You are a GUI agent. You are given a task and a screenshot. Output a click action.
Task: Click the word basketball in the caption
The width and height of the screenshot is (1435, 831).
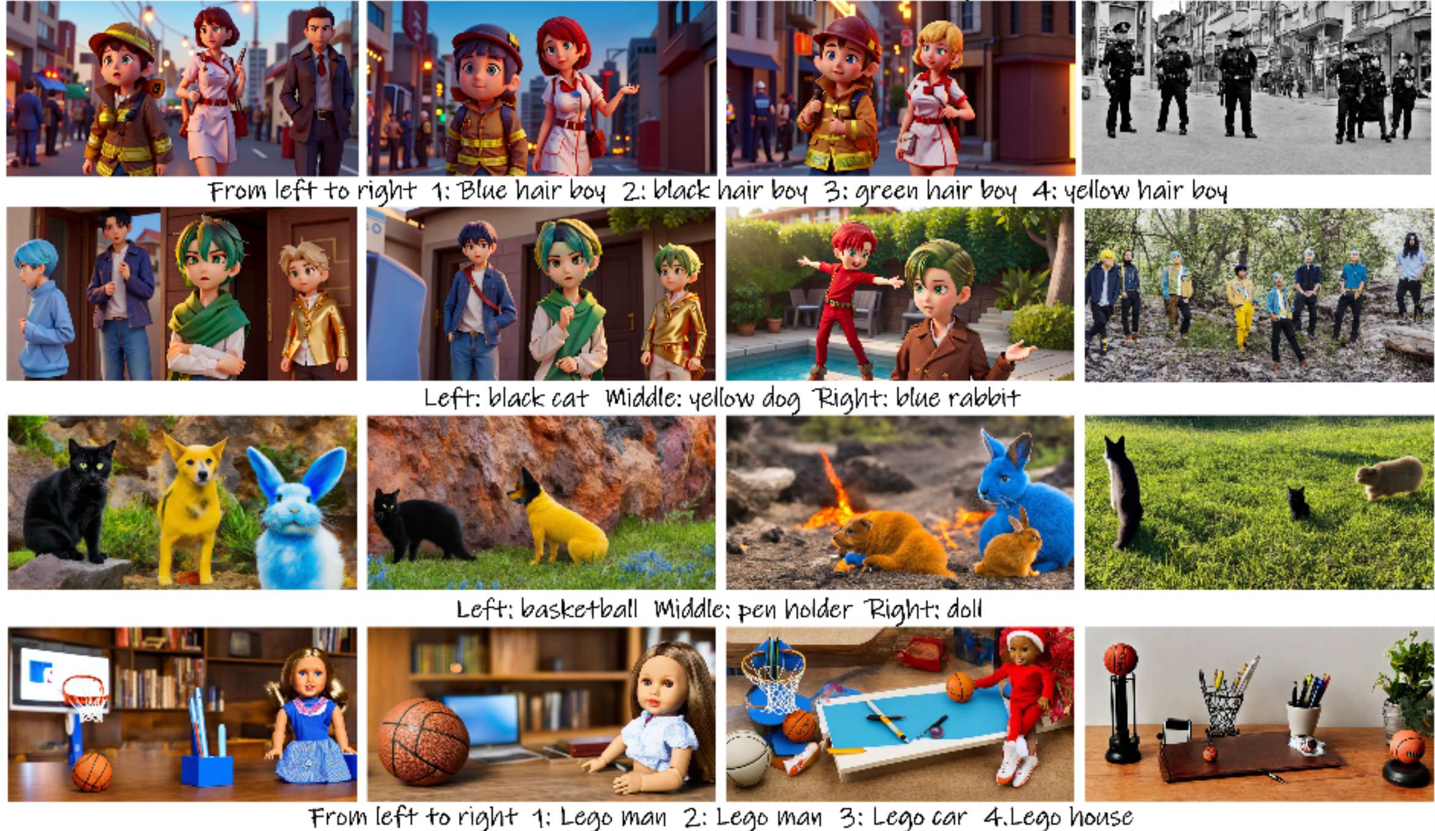tap(579, 610)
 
